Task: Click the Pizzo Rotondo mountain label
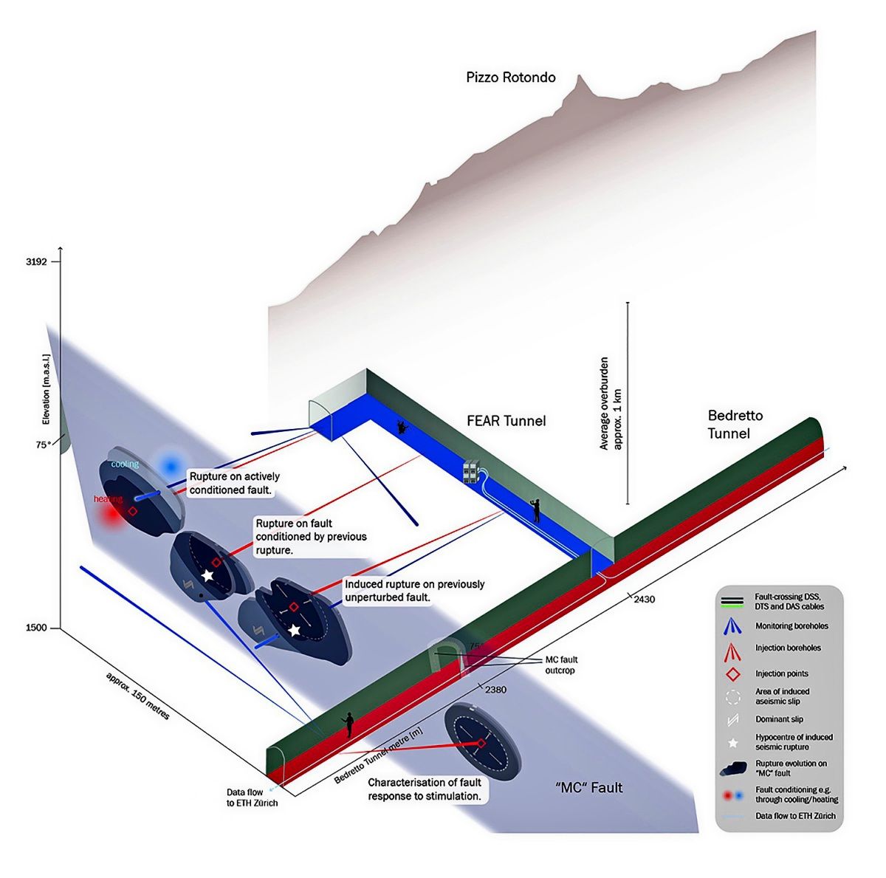[x=510, y=77]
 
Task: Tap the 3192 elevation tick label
[x=36, y=262]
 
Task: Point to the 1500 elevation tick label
[x=36, y=628]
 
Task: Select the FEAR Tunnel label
[x=506, y=421]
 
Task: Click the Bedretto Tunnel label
[x=735, y=424]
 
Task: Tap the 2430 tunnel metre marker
[x=644, y=600]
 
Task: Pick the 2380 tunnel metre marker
[x=495, y=690]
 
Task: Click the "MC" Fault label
[x=588, y=787]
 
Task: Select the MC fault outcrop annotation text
[x=561, y=665]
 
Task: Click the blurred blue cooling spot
[x=171, y=467]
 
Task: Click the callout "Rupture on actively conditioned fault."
[x=235, y=483]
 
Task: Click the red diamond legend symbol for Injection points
[x=732, y=673]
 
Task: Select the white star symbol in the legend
[x=733, y=743]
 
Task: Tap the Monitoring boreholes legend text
[x=791, y=626]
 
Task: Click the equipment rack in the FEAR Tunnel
[x=471, y=472]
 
